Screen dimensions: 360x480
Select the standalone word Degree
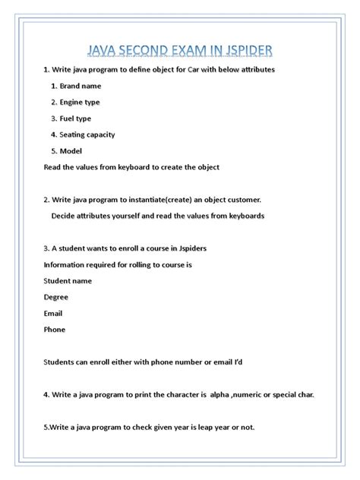58,297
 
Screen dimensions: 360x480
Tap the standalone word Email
53,314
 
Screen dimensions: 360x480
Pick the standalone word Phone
55,330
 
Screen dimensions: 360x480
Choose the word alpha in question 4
219,395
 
